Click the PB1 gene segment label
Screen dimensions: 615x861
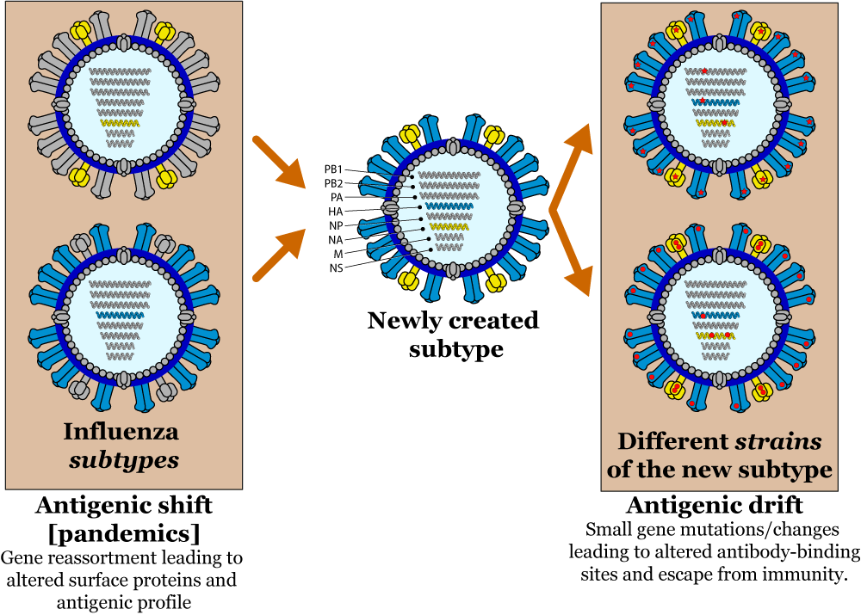pos(334,169)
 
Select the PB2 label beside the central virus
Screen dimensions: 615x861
pos(334,183)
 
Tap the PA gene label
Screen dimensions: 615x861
pos(337,197)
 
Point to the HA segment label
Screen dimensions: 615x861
pos(336,211)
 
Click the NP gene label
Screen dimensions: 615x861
pos(336,225)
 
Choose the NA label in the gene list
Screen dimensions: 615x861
pos(336,239)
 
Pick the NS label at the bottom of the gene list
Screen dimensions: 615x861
pos(336,267)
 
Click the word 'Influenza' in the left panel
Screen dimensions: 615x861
pos(121,431)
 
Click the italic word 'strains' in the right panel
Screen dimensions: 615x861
pos(777,442)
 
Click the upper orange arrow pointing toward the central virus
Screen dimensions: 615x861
pos(278,161)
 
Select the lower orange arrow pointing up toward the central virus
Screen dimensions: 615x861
pos(278,255)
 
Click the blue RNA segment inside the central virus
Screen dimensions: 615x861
pos(450,207)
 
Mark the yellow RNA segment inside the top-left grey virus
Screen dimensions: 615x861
pos(120,124)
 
